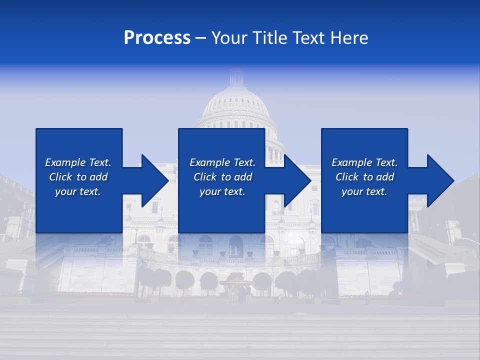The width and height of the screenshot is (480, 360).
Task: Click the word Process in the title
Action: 157,38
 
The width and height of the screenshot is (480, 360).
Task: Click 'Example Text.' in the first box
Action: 78,162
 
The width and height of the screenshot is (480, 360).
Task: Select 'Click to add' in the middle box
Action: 222,177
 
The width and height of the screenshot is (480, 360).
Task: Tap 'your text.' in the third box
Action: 364,191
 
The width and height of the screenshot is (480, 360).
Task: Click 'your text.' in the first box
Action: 78,191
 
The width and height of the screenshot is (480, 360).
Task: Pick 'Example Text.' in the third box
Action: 364,162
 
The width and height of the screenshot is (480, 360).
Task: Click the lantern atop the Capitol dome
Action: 236,77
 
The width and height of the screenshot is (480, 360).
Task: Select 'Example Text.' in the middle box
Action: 222,162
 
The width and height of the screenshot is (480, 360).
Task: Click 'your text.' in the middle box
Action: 222,191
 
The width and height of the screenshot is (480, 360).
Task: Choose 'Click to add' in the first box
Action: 78,177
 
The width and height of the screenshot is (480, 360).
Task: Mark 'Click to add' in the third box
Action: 364,177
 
